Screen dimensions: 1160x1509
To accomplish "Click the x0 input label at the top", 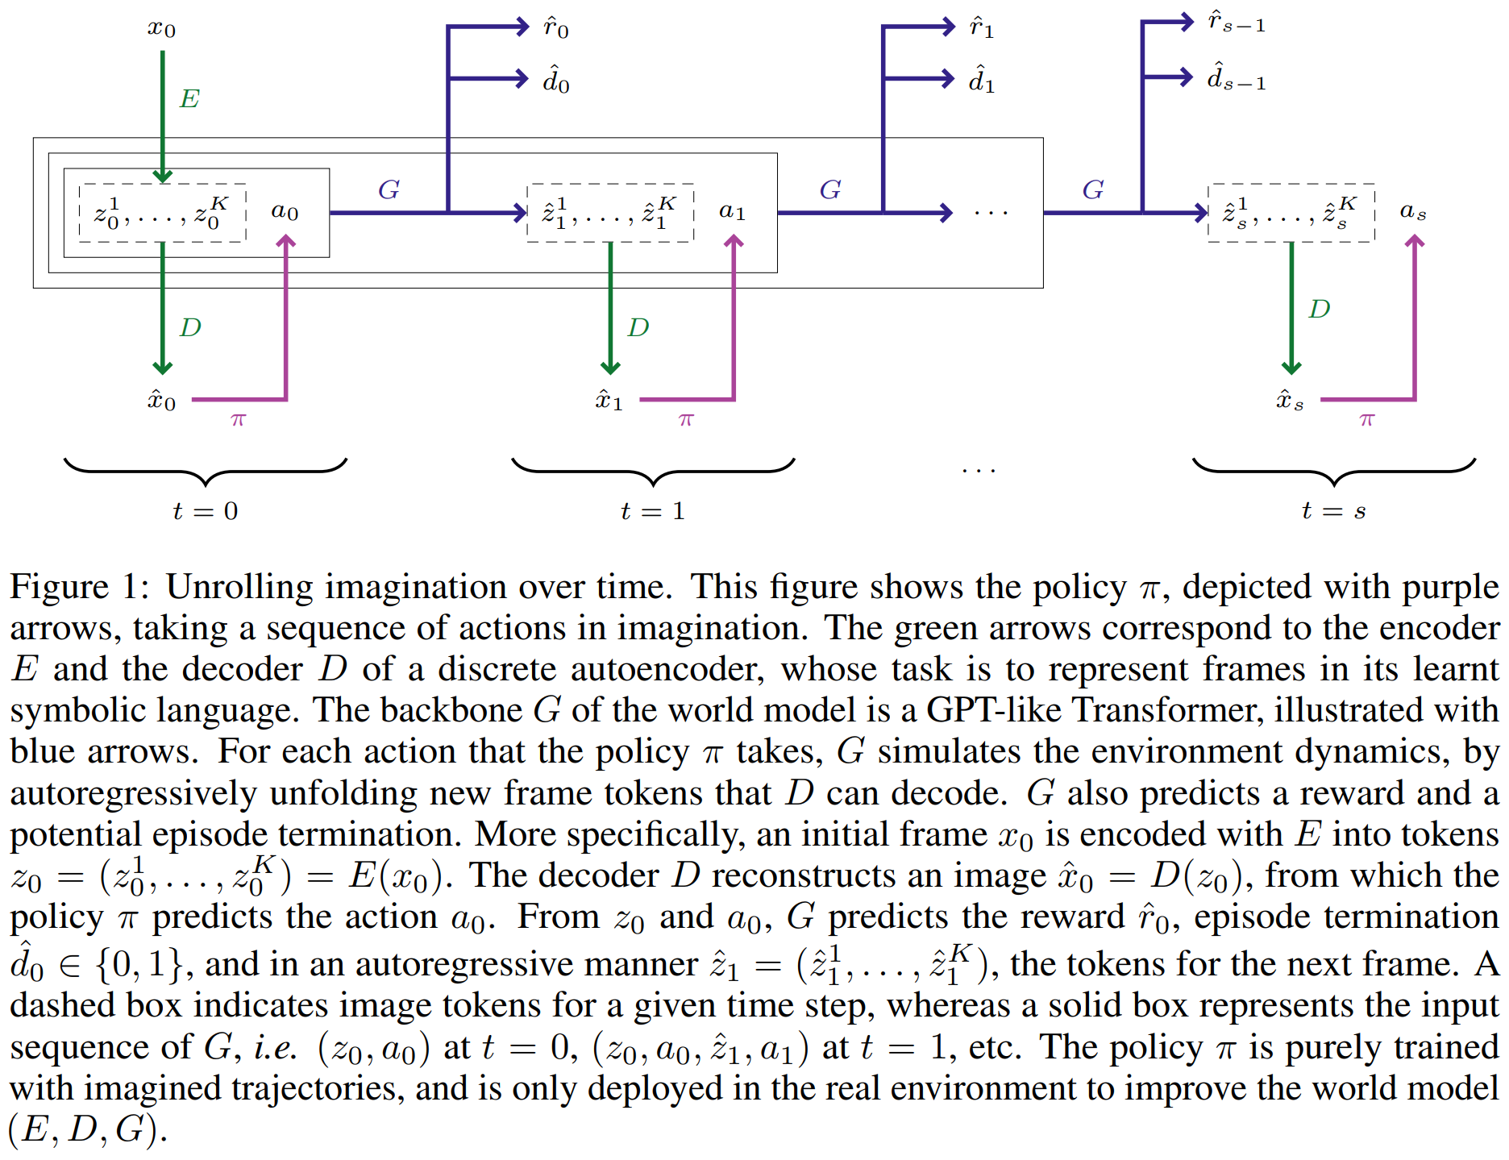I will tap(161, 29).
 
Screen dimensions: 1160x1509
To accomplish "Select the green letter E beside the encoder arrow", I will tap(189, 99).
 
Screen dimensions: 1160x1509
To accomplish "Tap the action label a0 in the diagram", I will tap(285, 211).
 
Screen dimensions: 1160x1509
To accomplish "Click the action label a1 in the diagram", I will tap(732, 211).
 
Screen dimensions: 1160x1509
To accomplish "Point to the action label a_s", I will tap(1412, 211).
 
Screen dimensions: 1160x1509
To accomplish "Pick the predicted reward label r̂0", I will tap(556, 28).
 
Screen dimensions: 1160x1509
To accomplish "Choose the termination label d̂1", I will tap(981, 80).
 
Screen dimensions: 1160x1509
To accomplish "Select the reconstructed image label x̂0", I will tap(161, 400).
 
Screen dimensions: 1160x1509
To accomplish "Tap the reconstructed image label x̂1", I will tap(609, 400).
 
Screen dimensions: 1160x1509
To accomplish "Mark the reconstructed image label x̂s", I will tap(1290, 400).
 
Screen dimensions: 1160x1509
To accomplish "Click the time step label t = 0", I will tap(206, 511).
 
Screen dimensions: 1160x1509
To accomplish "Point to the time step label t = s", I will tap(1333, 511).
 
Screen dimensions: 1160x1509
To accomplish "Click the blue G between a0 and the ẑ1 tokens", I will tap(389, 189).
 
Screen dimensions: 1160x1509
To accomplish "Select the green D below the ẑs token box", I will tap(1320, 309).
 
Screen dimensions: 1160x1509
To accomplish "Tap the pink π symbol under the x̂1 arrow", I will tap(686, 420).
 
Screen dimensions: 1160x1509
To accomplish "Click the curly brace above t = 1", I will tap(653, 471).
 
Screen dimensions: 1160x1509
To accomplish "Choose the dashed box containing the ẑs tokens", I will tap(1291, 213).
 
